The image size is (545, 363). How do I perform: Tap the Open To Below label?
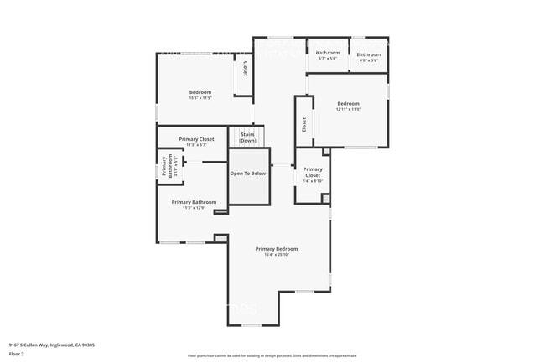248,174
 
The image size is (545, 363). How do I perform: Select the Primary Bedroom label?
277,249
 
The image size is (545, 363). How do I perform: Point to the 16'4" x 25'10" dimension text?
277,255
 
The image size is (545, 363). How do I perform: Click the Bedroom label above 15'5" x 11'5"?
200,92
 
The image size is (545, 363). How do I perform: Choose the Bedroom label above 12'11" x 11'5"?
348,104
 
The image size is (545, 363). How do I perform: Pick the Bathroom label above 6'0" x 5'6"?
369,54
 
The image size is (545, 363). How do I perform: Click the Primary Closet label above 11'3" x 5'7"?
197,139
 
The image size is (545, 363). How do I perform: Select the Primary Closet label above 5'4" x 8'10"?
313,172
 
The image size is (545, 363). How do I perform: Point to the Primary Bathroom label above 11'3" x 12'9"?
194,202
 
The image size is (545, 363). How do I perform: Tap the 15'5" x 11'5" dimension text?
200,98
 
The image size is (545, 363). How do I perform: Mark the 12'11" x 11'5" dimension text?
348,110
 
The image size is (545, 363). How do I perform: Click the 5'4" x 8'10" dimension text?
313,181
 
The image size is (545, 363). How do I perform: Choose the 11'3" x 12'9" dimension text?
194,208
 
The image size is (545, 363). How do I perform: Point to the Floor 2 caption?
17,354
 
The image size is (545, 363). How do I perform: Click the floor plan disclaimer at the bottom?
272,355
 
